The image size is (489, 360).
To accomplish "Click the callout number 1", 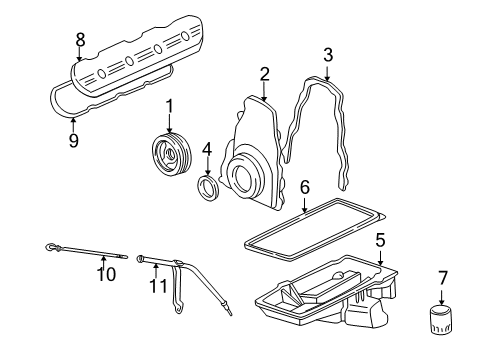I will [x=170, y=106].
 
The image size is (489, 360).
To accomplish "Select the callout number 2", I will [x=265, y=72].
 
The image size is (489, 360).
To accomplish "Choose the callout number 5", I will [x=380, y=240].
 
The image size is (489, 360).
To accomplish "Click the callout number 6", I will [x=305, y=186].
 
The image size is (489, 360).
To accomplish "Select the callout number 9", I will [x=73, y=141].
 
